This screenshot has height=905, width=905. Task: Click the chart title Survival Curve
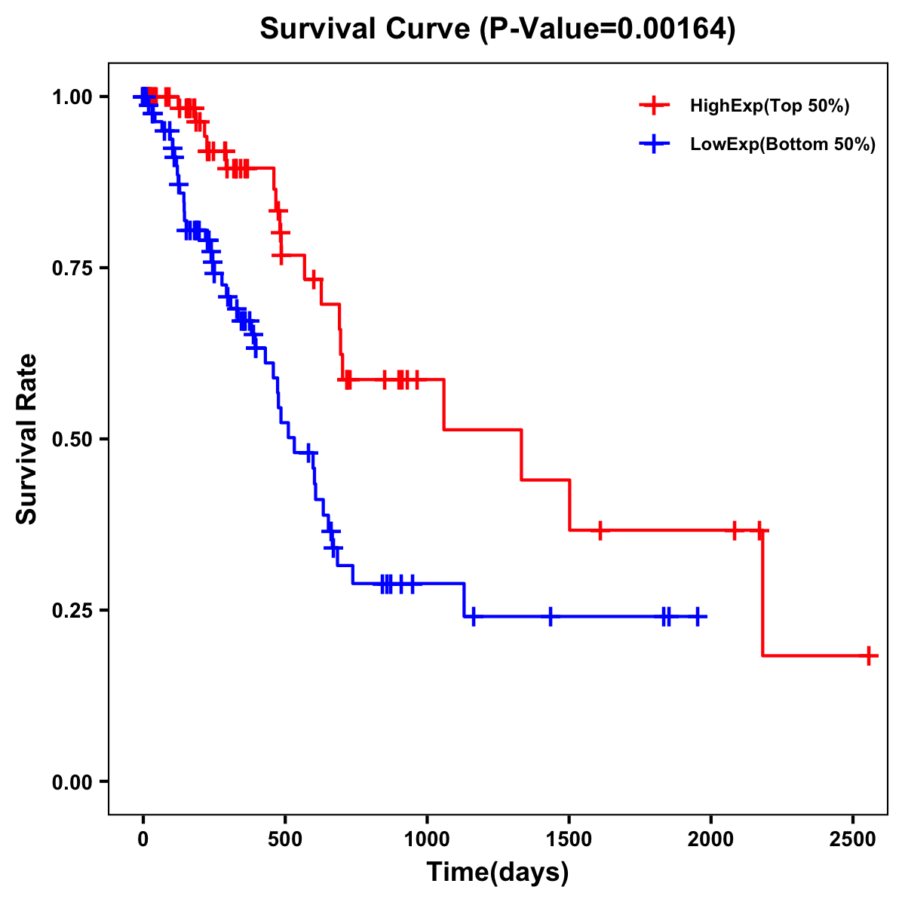coord(497,29)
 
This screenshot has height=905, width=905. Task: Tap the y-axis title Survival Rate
coord(27,439)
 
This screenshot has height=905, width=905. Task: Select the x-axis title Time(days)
coord(498,873)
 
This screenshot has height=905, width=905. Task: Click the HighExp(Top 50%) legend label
coord(770,106)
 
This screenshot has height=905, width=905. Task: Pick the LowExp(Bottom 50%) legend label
coord(783,145)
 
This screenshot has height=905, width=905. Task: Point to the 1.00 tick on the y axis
coord(72,97)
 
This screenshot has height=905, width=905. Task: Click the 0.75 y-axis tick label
coord(72,268)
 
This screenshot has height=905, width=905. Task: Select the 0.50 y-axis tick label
coord(72,440)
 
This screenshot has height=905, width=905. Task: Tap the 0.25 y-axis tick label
coord(72,610)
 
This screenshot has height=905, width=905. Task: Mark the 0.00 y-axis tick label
coord(72,782)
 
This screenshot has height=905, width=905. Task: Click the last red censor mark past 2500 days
coord(869,655)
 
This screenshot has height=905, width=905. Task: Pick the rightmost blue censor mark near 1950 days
coord(698,617)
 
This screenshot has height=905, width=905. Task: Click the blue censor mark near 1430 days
coord(550,617)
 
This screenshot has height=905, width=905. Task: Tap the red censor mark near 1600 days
coord(600,530)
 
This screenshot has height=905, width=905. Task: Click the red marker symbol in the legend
coord(654,106)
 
